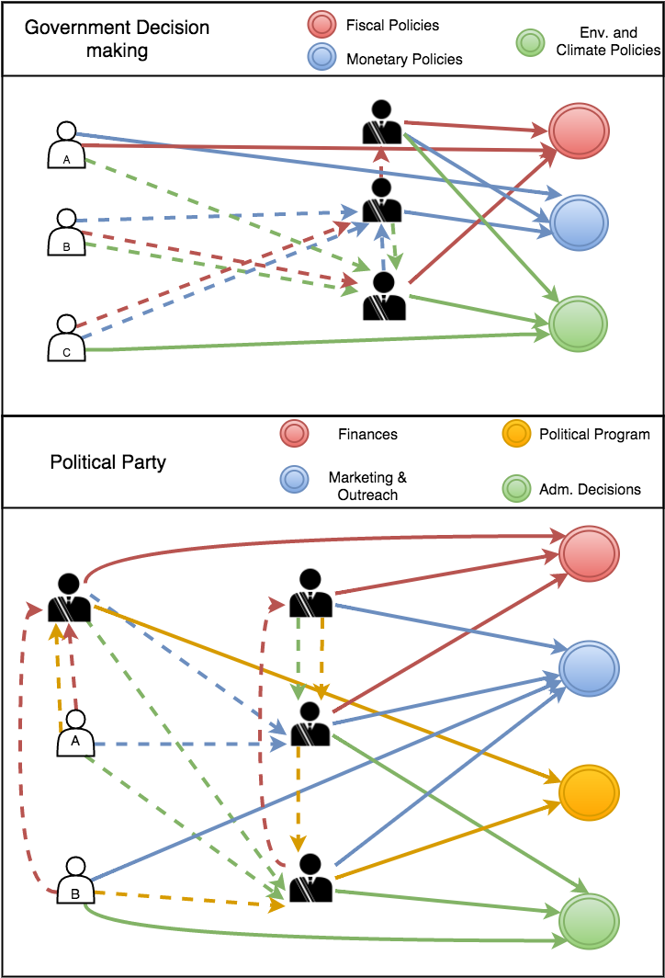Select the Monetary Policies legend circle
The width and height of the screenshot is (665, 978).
click(324, 58)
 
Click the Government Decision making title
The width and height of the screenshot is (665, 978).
click(117, 39)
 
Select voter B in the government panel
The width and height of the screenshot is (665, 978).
click(66, 233)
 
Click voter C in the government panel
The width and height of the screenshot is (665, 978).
click(66, 338)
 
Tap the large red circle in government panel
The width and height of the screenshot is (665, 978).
click(579, 131)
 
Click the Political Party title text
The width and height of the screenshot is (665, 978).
click(107, 461)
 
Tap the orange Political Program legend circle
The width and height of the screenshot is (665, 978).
click(518, 434)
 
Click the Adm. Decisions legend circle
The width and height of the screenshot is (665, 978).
click(518, 488)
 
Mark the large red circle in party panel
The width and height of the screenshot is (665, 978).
click(590, 554)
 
